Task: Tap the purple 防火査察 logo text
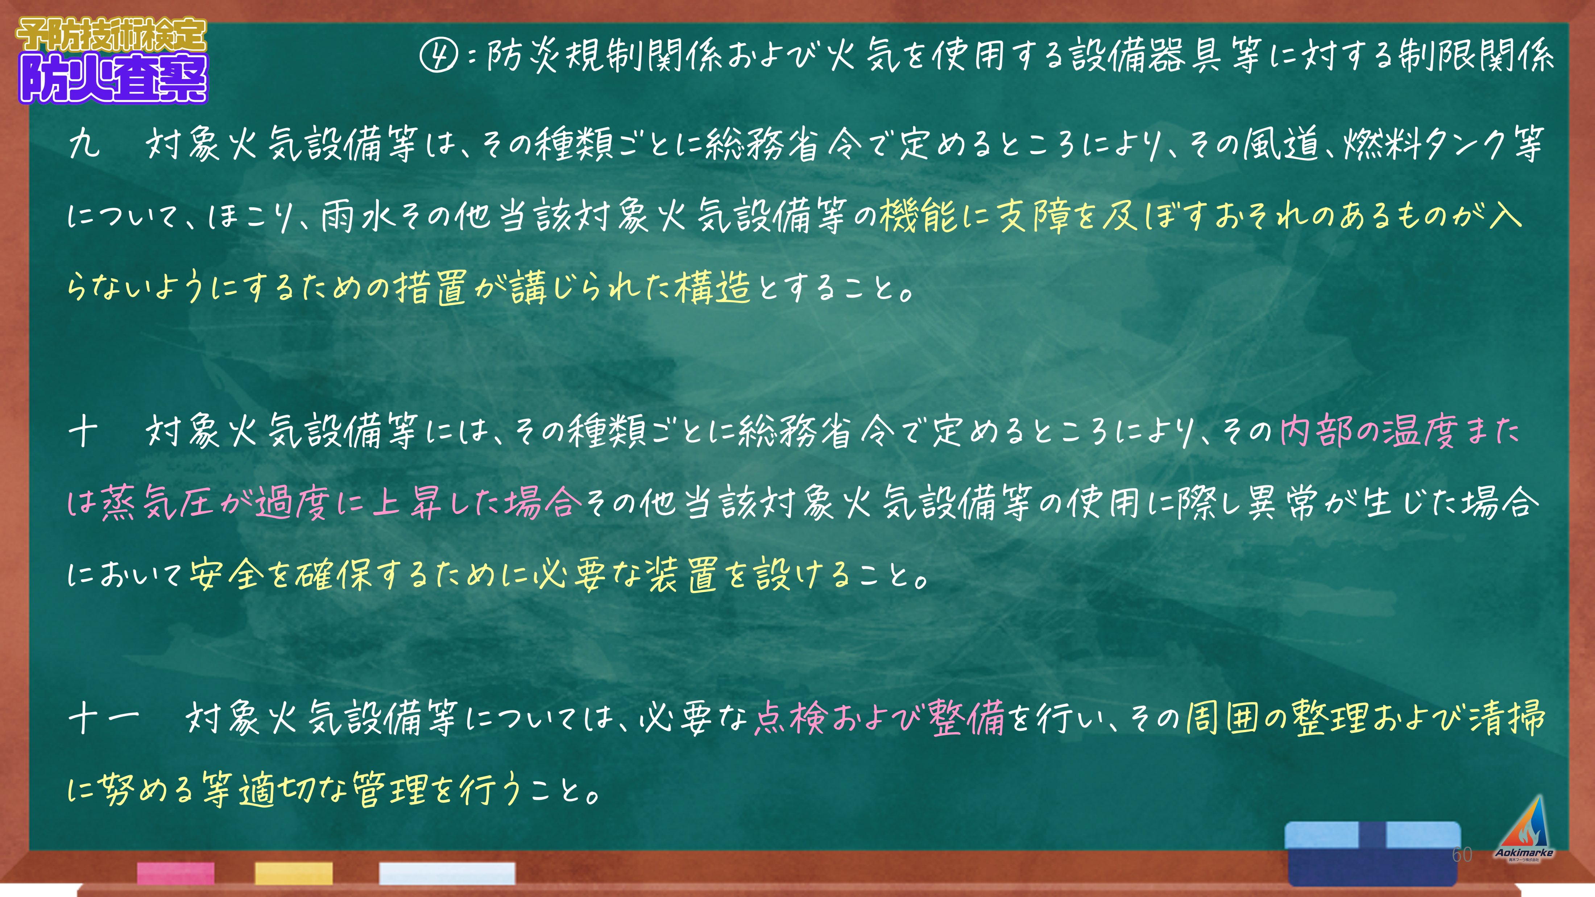click(114, 78)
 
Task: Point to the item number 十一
click(104, 719)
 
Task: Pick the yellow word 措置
click(431, 287)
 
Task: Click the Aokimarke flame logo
click(1524, 828)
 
